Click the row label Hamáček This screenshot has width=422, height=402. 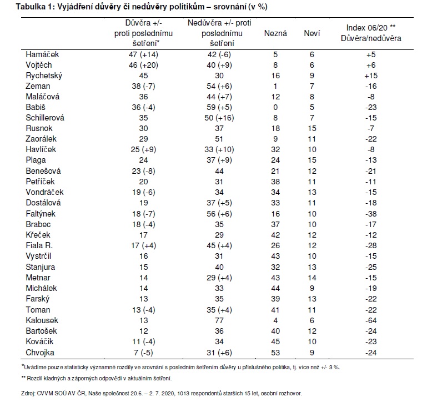coord(42,54)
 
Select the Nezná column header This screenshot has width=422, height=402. coord(275,33)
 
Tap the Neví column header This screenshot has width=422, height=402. coord(312,33)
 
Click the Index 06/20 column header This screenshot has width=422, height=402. coord(371,33)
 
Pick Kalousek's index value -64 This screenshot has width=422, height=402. coord(371,320)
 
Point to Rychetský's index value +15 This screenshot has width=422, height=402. coord(371,76)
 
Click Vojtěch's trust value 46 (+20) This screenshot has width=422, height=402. coord(143,65)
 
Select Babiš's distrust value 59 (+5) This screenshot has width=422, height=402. coord(219,107)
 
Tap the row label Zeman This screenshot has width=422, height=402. coord(38,86)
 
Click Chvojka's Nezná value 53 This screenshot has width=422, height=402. coord(275,353)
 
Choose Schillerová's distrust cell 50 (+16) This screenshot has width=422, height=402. coord(219,118)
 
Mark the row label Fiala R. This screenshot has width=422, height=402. coord(39,245)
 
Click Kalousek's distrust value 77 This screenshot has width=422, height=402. coord(219,320)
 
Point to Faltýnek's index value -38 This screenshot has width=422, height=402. coord(371,214)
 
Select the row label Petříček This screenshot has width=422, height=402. coord(40,182)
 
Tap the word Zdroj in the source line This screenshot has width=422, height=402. coord(28,393)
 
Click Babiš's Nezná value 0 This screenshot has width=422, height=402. coord(275,107)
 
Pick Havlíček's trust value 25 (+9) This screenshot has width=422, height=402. coord(143,149)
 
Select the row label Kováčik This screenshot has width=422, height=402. coord(39,341)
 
